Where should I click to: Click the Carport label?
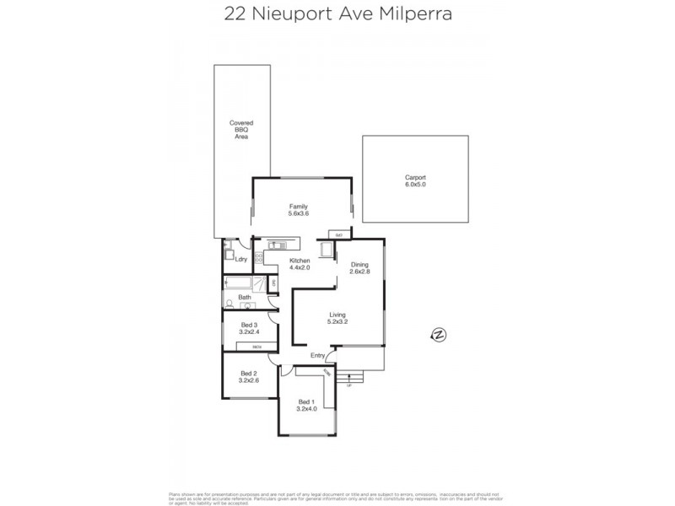click(415, 177)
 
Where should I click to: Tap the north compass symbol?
click(438, 335)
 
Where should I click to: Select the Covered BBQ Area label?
click(241, 130)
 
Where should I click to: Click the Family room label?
click(299, 207)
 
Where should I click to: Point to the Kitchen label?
click(300, 261)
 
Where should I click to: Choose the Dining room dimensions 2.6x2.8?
click(360, 272)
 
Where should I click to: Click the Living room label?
click(338, 315)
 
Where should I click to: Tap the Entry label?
click(317, 355)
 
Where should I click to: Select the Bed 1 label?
click(305, 401)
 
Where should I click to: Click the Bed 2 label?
click(248, 374)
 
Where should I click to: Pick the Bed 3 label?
click(248, 325)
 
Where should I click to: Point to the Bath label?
click(245, 297)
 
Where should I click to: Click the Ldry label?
click(241, 259)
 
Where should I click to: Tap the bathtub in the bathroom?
click(240, 283)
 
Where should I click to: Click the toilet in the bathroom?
click(229, 304)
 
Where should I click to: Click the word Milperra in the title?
click(417, 13)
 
